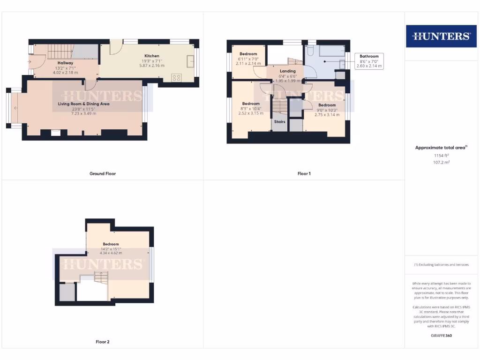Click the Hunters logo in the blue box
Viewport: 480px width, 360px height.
pyautogui.click(x=441, y=36)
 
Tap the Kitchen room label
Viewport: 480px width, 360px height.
pyautogui.click(x=152, y=56)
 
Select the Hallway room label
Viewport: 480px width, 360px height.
pyautogui.click(x=65, y=63)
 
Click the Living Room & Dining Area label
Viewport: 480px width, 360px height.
pyautogui.click(x=83, y=104)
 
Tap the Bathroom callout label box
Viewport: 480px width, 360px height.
pyautogui.click(x=369, y=61)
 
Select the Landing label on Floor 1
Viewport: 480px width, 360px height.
pyautogui.click(x=287, y=71)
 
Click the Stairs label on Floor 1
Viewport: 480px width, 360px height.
pyautogui.click(x=280, y=121)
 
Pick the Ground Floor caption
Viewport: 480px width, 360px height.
pyautogui.click(x=103, y=173)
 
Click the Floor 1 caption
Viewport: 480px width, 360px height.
pyautogui.click(x=304, y=173)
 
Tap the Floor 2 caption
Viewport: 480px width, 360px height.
pyautogui.click(x=103, y=342)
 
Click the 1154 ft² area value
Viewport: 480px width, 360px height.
pyautogui.click(x=440, y=155)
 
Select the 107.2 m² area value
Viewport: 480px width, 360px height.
pyautogui.click(x=440, y=162)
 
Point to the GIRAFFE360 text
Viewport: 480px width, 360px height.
pyautogui.click(x=441, y=336)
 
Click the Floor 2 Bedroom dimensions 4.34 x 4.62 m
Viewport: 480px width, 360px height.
pyautogui.click(x=111, y=253)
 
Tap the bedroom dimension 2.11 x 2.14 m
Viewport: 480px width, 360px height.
pyautogui.click(x=248, y=63)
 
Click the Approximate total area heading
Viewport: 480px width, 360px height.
pyautogui.click(x=440, y=148)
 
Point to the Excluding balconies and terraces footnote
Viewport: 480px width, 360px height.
pyautogui.click(x=440, y=265)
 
